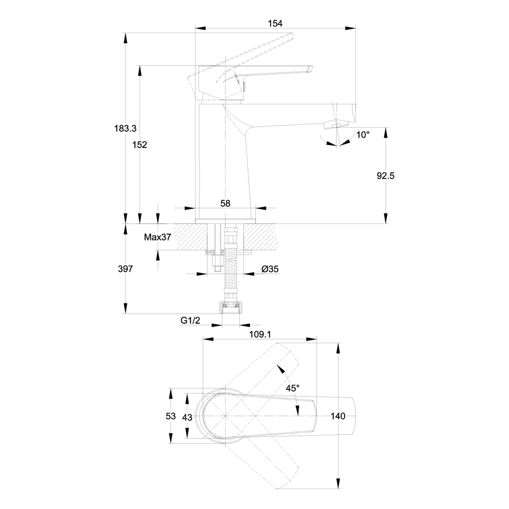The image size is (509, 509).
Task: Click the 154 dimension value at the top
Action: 275,23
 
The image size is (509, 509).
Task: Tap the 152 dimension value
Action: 139,145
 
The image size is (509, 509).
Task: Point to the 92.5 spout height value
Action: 385,176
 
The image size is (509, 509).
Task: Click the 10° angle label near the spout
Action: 363,135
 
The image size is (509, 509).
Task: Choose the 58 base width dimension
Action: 225,203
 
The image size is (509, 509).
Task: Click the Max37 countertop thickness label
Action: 157,237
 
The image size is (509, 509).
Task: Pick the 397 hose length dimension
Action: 125,269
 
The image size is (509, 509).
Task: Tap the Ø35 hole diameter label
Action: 270,269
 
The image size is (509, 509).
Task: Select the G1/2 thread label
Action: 189,321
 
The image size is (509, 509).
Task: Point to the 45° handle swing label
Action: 292,388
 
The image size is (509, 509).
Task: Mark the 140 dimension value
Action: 338,416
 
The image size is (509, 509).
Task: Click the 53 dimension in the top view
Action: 171,416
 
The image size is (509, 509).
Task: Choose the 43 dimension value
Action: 186,416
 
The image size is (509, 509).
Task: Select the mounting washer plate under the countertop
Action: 228,252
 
